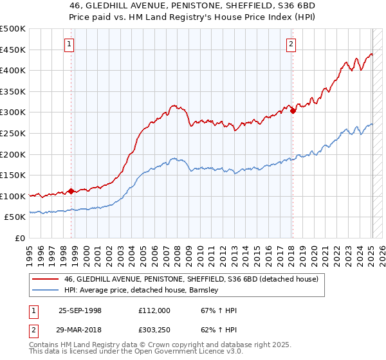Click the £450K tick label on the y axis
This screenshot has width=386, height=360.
click(x=13, y=50)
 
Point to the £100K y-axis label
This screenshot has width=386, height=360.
click(x=13, y=196)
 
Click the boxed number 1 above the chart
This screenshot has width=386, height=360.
click(x=69, y=44)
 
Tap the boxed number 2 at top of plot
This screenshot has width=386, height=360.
click(x=291, y=44)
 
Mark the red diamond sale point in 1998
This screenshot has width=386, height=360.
click(x=71, y=191)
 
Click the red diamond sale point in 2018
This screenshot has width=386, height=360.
click(x=293, y=111)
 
